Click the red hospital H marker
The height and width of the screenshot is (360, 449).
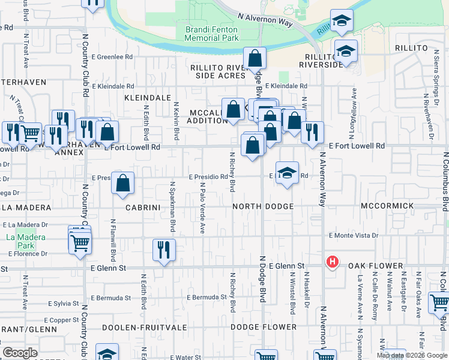[x=332, y=262]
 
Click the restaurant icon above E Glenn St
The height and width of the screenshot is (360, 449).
[x=164, y=249]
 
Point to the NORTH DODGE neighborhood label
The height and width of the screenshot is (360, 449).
[x=264, y=206]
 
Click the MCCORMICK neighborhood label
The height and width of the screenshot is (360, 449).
[x=387, y=206]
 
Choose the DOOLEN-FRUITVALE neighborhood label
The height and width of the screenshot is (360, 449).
[x=140, y=327]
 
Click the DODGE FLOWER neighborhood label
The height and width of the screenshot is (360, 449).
[x=264, y=327]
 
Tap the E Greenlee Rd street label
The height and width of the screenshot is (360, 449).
[x=113, y=57]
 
